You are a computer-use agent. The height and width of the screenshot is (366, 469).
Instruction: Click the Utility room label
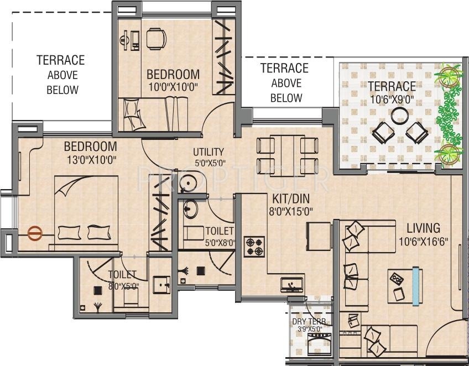point(209,152)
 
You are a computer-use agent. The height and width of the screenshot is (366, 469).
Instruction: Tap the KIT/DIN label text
point(291,198)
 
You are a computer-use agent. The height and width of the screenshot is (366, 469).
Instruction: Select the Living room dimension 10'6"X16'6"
point(424,241)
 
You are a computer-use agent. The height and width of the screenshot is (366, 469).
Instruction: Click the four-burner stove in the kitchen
point(254,247)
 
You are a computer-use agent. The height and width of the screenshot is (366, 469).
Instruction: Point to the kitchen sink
point(291,285)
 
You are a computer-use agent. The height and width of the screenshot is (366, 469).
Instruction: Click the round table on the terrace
point(399,116)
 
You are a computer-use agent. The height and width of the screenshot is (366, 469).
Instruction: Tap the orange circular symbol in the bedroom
point(35,233)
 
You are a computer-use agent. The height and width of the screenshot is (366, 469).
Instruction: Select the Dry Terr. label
point(310,322)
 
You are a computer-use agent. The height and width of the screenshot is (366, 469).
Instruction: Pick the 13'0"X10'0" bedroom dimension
point(91,160)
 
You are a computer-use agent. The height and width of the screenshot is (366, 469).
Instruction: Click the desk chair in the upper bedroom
point(156,39)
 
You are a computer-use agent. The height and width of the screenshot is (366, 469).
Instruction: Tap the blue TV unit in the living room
point(415,286)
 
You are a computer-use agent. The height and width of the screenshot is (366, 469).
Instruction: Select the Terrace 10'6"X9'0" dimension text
point(392,100)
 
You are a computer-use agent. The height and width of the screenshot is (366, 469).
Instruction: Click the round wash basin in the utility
point(189,182)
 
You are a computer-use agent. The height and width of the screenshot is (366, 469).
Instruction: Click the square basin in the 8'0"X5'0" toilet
point(161,285)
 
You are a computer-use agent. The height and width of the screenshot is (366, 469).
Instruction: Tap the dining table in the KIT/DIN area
point(288,156)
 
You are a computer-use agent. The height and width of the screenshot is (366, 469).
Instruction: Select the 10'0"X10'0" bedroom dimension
point(173,87)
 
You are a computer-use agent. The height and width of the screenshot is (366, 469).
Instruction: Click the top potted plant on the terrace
point(449,74)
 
